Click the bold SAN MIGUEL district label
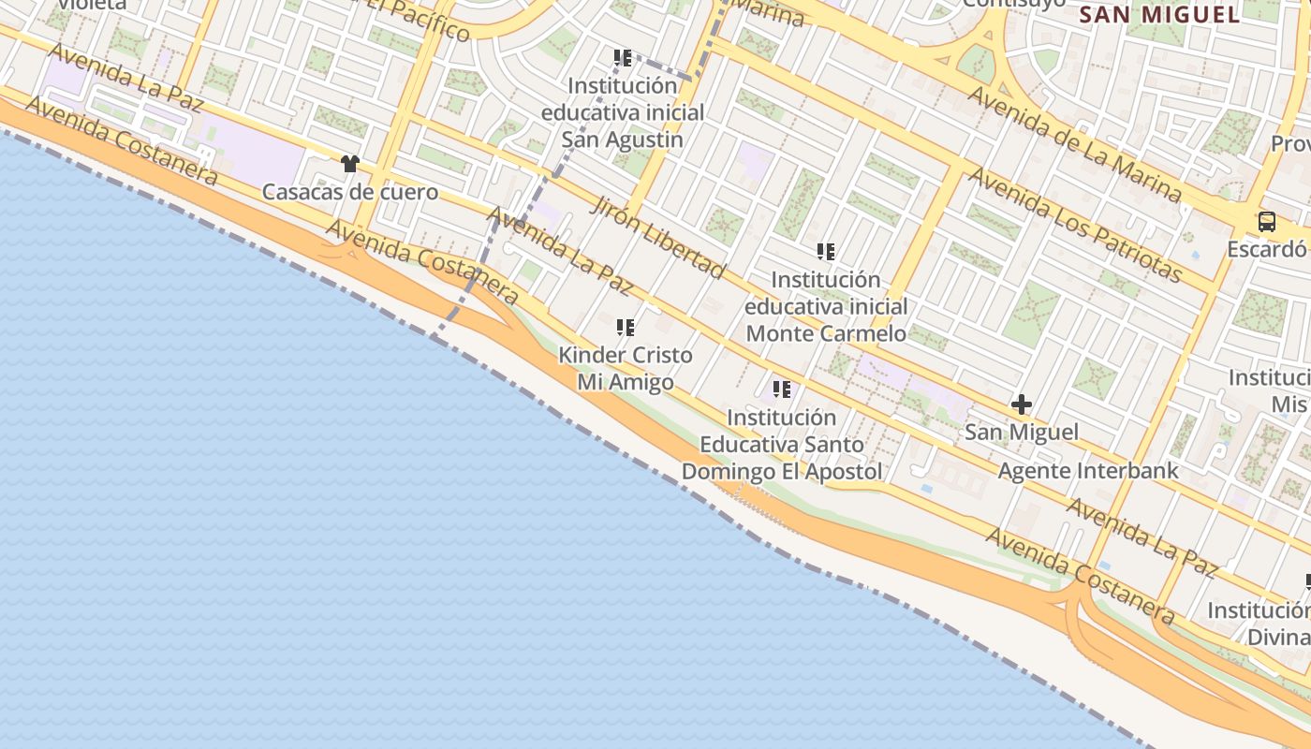pyautogui.click(x=1159, y=14)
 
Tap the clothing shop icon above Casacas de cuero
pyautogui.click(x=350, y=164)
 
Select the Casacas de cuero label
pyautogui.click(x=350, y=192)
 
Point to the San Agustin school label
pyautogui.click(x=623, y=112)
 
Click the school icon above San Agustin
pyautogui.click(x=623, y=58)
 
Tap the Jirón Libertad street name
pyautogui.click(x=657, y=238)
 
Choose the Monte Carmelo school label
pyautogui.click(x=826, y=306)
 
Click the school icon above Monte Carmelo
pyautogui.click(x=825, y=251)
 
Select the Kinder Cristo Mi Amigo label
pyautogui.click(x=626, y=368)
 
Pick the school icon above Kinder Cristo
pyautogui.click(x=626, y=327)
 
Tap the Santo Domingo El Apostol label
pyautogui.click(x=782, y=444)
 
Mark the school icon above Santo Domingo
pyautogui.click(x=782, y=389)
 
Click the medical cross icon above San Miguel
pyautogui.click(x=1022, y=404)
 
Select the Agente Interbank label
pyautogui.click(x=1088, y=470)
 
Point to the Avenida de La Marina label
pyautogui.click(x=1075, y=144)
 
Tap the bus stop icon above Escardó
pyautogui.click(x=1267, y=221)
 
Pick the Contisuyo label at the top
pyautogui.click(x=1014, y=4)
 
